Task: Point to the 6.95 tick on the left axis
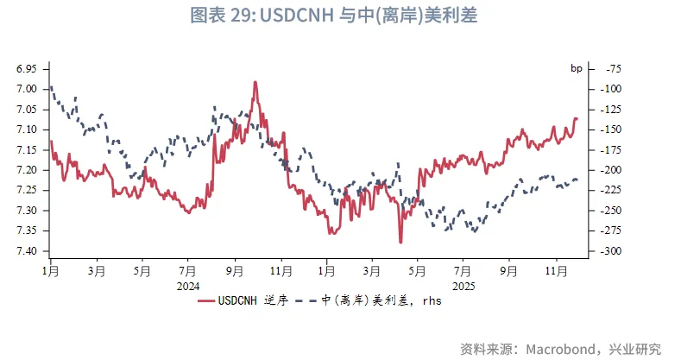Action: pyautogui.click(x=26, y=68)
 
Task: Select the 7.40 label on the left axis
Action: pyautogui.click(x=26, y=251)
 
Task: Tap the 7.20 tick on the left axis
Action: pyautogui.click(x=26, y=170)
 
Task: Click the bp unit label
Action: pyautogui.click(x=577, y=68)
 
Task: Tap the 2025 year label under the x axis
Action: pyautogui.click(x=463, y=286)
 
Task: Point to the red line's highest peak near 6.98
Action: pyautogui.click(x=255, y=82)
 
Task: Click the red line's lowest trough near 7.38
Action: pyautogui.click(x=400, y=242)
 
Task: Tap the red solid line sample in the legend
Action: pyautogui.click(x=205, y=301)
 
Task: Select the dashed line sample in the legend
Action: pyautogui.click(x=306, y=301)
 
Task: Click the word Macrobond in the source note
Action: pyautogui.click(x=551, y=349)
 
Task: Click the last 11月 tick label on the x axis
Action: pyautogui.click(x=555, y=271)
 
